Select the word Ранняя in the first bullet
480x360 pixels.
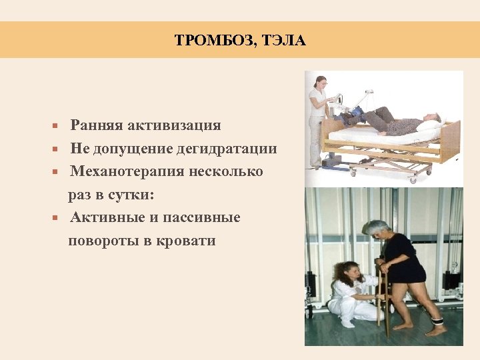click(x=94, y=125)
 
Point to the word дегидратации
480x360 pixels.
click(x=226, y=149)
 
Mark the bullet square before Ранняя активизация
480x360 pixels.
click(x=58, y=126)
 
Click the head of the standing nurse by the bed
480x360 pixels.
click(x=320, y=83)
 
